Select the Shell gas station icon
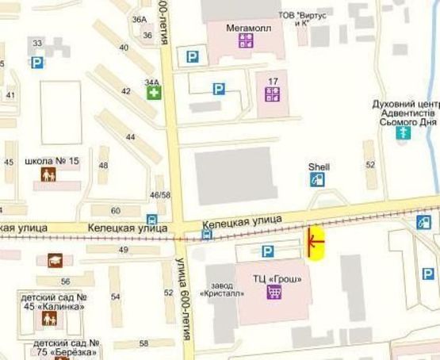pos(318,180)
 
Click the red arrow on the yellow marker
pos(315,241)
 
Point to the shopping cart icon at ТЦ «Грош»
pos(274,292)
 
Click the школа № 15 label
pos(52,161)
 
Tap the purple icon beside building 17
pos(272,94)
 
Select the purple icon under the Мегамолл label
pos(245,39)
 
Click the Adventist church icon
pos(404,132)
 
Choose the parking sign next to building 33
pos(37,63)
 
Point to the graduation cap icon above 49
pos(55,259)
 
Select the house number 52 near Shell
pos(370,164)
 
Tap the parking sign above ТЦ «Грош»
pos(268,251)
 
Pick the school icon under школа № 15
pos(49,175)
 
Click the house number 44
pos(131,137)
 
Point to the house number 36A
pos(140,19)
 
